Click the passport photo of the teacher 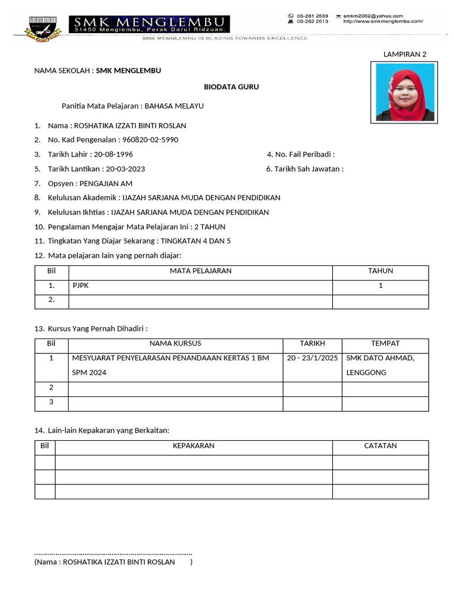[404, 93]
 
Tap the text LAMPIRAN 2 [404, 54]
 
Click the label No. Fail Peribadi [301, 154]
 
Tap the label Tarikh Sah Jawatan [304, 169]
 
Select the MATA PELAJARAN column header [200, 271]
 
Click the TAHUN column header [380, 271]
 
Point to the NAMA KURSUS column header [175, 343]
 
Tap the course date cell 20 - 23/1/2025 [312, 358]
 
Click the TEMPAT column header [385, 343]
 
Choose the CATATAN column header [380, 446]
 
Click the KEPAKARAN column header [193, 446]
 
